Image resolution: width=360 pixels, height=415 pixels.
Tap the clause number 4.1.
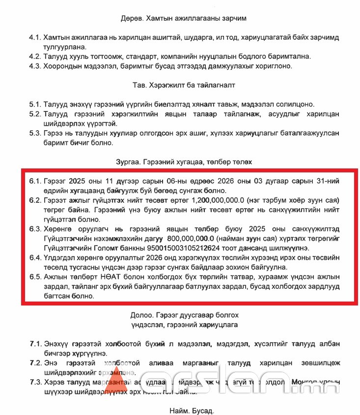34,37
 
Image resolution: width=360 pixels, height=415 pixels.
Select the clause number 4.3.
34,66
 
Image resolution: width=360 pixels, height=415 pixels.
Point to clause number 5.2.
34,114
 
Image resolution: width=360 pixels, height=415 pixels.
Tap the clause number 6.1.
35,181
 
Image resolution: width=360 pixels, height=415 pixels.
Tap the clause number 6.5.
35,277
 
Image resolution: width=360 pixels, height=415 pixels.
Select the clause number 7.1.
35,343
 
